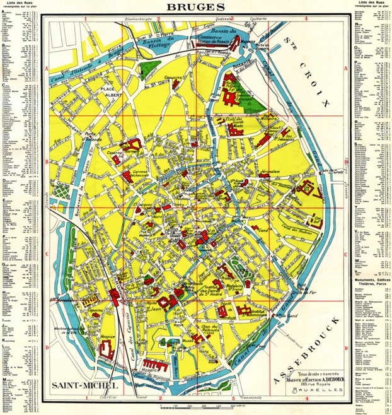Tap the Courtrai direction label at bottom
coord(108,399)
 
